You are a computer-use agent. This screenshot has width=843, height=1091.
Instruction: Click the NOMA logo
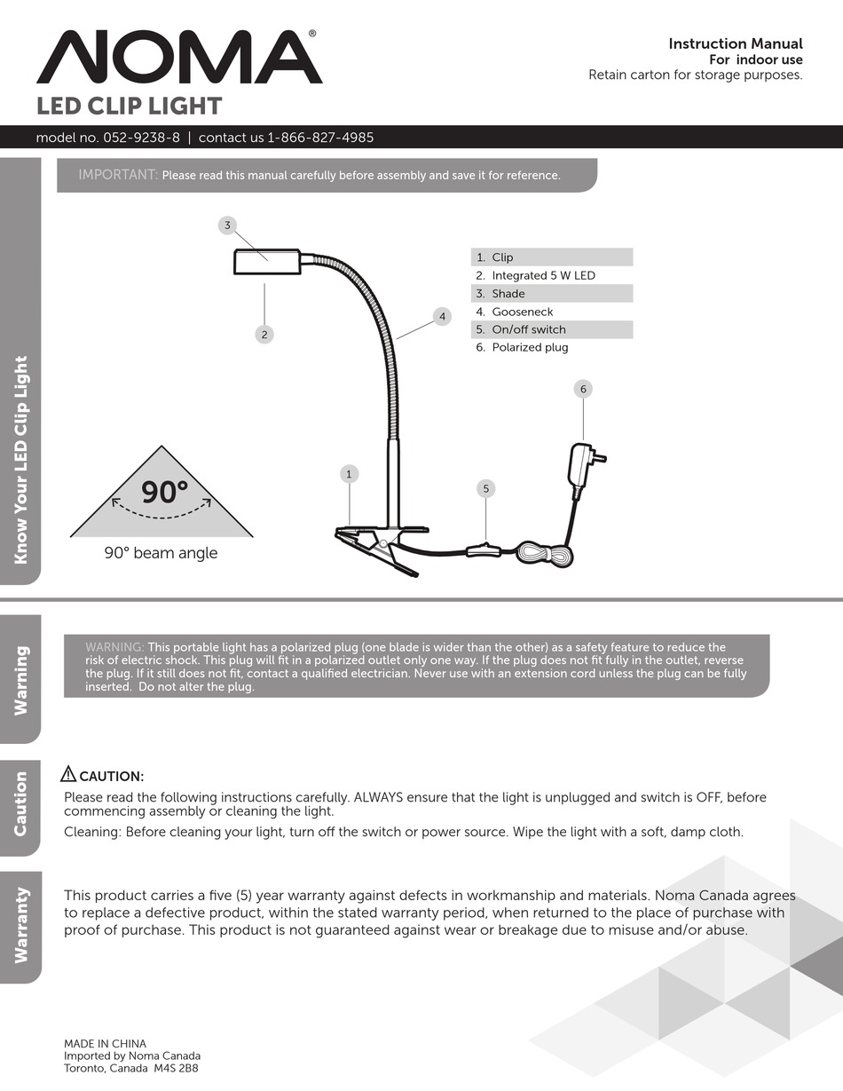178,57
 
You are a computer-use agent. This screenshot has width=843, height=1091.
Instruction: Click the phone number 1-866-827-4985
320,138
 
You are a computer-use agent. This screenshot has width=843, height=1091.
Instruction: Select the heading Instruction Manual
735,43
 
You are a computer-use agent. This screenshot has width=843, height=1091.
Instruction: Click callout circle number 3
227,225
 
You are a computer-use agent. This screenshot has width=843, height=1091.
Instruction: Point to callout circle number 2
264,335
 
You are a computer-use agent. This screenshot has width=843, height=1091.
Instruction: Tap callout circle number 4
442,316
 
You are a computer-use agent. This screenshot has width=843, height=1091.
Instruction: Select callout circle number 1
349,474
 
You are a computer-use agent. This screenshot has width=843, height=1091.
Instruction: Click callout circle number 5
485,488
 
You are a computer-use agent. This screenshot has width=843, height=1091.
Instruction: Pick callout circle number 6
583,389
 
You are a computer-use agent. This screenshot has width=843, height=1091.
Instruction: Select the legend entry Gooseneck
522,312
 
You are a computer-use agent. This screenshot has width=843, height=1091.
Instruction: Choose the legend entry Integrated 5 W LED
543,275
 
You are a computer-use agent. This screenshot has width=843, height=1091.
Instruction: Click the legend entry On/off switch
528,329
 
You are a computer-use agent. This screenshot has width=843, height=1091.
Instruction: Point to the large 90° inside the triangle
165,491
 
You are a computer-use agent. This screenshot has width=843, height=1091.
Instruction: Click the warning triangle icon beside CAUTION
69,774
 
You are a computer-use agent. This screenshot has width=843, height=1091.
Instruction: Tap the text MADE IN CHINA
105,1044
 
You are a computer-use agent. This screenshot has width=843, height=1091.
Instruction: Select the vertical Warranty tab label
20,925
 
